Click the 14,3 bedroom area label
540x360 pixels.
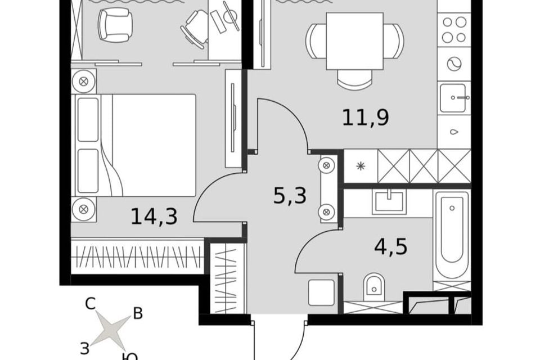(x=154, y=217)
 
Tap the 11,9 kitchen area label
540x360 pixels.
(x=366, y=118)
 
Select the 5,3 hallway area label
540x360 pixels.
(x=290, y=196)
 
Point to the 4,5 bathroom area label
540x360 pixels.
(x=391, y=247)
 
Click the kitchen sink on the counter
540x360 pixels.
(x=453, y=98)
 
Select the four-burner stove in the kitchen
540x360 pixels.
(x=454, y=29)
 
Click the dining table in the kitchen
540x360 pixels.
(x=355, y=40)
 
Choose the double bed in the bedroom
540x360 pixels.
(x=134, y=145)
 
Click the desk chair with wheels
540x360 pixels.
(x=194, y=29)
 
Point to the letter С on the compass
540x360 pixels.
(x=90, y=304)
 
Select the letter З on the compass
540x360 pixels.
(x=85, y=348)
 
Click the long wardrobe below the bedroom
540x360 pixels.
(x=138, y=256)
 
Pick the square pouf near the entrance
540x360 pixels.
(x=322, y=292)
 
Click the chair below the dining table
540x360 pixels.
(x=355, y=79)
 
